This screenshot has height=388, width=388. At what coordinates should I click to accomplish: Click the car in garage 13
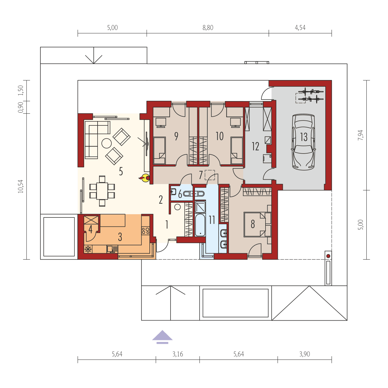pyautogui.click(x=304, y=142)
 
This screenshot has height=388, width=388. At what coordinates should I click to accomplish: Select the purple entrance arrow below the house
pyautogui.click(x=162, y=337)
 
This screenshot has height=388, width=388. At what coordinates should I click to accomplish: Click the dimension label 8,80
pyautogui.click(x=208, y=28)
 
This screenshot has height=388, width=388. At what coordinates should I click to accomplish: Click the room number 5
pyautogui.click(x=121, y=171)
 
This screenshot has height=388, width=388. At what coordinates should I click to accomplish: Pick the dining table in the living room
pyautogui.click(x=102, y=191)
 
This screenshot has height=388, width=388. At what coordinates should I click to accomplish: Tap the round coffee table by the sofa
pyautogui.click(x=106, y=143)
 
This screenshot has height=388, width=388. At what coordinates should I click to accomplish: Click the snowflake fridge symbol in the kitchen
pyautogui.click(x=88, y=249)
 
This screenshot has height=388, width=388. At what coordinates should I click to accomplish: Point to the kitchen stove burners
pyautogui.click(x=145, y=230)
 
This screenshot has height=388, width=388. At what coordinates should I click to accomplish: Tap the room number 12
pyautogui.click(x=255, y=146)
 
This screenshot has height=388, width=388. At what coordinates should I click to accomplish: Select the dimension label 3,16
pyautogui.click(x=178, y=354)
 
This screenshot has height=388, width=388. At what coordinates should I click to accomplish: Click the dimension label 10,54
pyautogui.click(x=21, y=186)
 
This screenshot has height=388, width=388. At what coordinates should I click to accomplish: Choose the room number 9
pyautogui.click(x=176, y=136)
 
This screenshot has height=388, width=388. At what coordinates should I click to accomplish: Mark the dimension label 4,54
pyautogui.click(x=300, y=28)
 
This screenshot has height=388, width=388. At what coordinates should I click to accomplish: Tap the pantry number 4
pyautogui.click(x=91, y=229)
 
